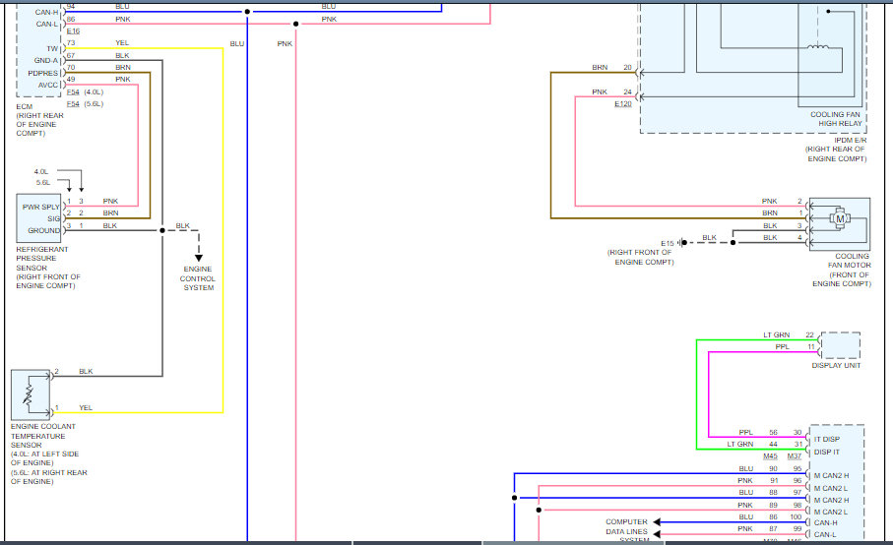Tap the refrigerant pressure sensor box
(x=39, y=217)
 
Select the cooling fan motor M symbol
(x=841, y=218)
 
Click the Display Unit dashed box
(x=839, y=345)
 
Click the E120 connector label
(x=623, y=103)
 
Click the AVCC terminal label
(x=48, y=85)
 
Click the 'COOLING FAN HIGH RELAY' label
(x=836, y=119)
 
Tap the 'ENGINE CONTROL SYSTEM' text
(x=198, y=277)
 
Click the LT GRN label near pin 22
(x=776, y=335)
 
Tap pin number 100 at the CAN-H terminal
(x=796, y=516)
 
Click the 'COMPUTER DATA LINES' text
(x=626, y=527)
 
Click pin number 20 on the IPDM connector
(x=627, y=68)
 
